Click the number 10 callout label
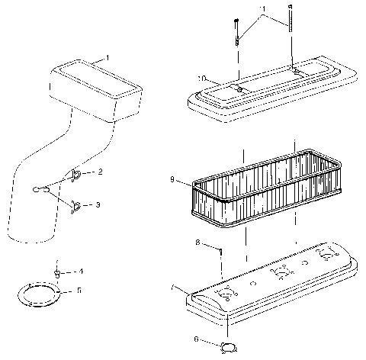pos(201,78)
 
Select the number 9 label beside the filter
pos(174,180)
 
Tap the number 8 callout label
pos(197,243)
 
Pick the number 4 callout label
pos(82,272)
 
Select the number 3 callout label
pos(99,205)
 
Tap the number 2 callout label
pos(100,172)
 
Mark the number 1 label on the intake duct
pos(108,58)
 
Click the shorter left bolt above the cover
pos(238,34)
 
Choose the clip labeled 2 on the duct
pos(77,175)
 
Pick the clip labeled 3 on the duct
pos(76,204)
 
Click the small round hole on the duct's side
pos(40,188)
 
